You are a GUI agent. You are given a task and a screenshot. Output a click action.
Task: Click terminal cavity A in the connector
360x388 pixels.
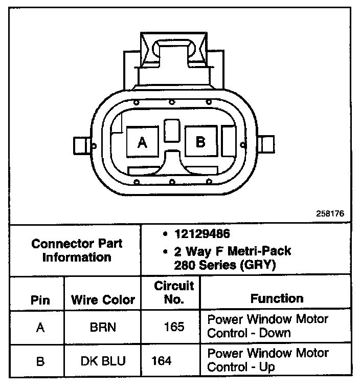[142, 142]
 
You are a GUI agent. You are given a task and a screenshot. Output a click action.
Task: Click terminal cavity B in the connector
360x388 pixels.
[200, 141]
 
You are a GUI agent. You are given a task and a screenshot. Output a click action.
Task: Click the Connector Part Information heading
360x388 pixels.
[77, 250]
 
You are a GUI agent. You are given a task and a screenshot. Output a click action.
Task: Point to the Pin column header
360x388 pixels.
[40, 299]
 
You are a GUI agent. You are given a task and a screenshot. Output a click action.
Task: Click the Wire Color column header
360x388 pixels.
[103, 299]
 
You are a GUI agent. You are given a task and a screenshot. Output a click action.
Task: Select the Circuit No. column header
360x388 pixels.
[174, 292]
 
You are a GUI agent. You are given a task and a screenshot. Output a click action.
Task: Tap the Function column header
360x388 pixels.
[277, 298]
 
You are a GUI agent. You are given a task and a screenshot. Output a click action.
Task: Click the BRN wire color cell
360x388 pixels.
[103, 327]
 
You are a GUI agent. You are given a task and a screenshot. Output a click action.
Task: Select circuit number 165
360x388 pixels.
[174, 327]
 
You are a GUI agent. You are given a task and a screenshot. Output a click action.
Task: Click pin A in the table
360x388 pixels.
[40, 327]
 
